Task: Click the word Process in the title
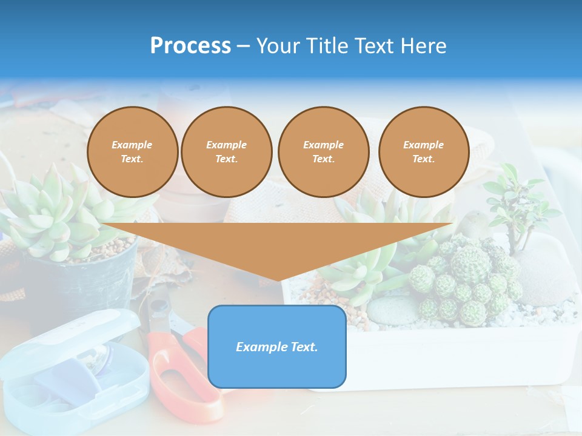[190, 45]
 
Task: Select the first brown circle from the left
[132, 152]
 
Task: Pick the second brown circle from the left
[226, 152]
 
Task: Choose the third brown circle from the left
[323, 152]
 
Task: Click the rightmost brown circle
[423, 152]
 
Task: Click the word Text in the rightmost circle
[423, 159]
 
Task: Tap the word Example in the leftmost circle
[132, 145]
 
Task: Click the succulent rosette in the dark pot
[55, 212]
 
